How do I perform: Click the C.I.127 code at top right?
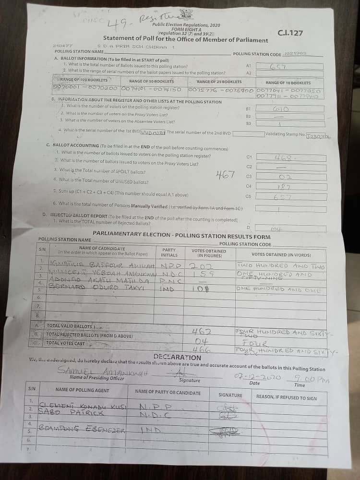(290, 33)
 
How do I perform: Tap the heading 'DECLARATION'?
(177, 357)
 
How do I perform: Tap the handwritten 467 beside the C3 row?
(225, 174)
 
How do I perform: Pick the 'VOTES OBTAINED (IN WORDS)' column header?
(281, 254)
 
